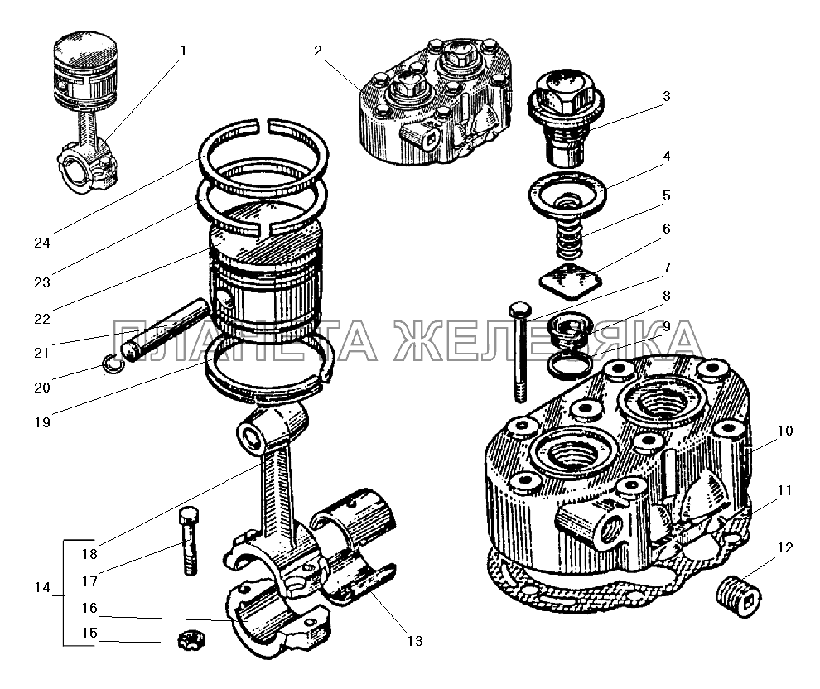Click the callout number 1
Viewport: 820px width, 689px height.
click(183, 51)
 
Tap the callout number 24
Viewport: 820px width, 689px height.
click(42, 243)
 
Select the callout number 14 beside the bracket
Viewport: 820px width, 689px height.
click(42, 587)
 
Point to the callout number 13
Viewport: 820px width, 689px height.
click(415, 641)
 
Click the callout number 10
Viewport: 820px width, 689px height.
click(785, 431)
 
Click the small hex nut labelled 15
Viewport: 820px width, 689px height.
click(191, 640)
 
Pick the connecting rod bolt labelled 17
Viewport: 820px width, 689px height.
click(189, 541)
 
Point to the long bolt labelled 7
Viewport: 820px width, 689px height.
click(520, 352)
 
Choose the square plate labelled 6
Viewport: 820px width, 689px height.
click(571, 282)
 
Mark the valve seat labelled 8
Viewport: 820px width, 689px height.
click(570, 329)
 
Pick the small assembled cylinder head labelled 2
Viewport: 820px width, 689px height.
click(435, 99)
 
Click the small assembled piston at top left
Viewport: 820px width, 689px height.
click(86, 112)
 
